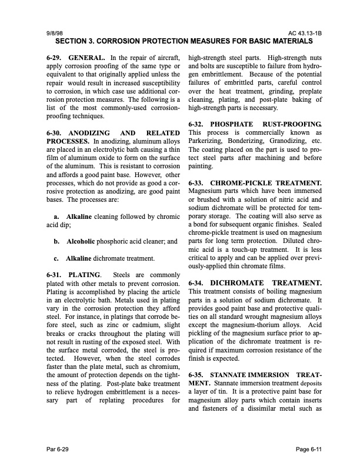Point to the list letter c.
tap(55, 258)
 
